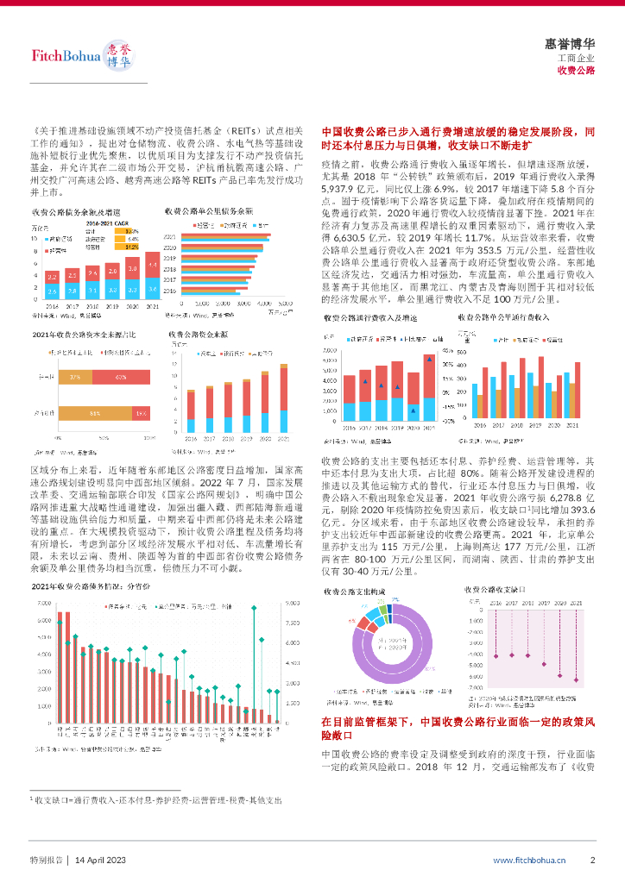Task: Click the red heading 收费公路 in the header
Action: (x=576, y=70)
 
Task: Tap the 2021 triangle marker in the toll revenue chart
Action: (x=430, y=360)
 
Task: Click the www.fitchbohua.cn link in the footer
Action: (x=529, y=860)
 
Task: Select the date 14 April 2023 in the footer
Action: (x=102, y=860)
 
